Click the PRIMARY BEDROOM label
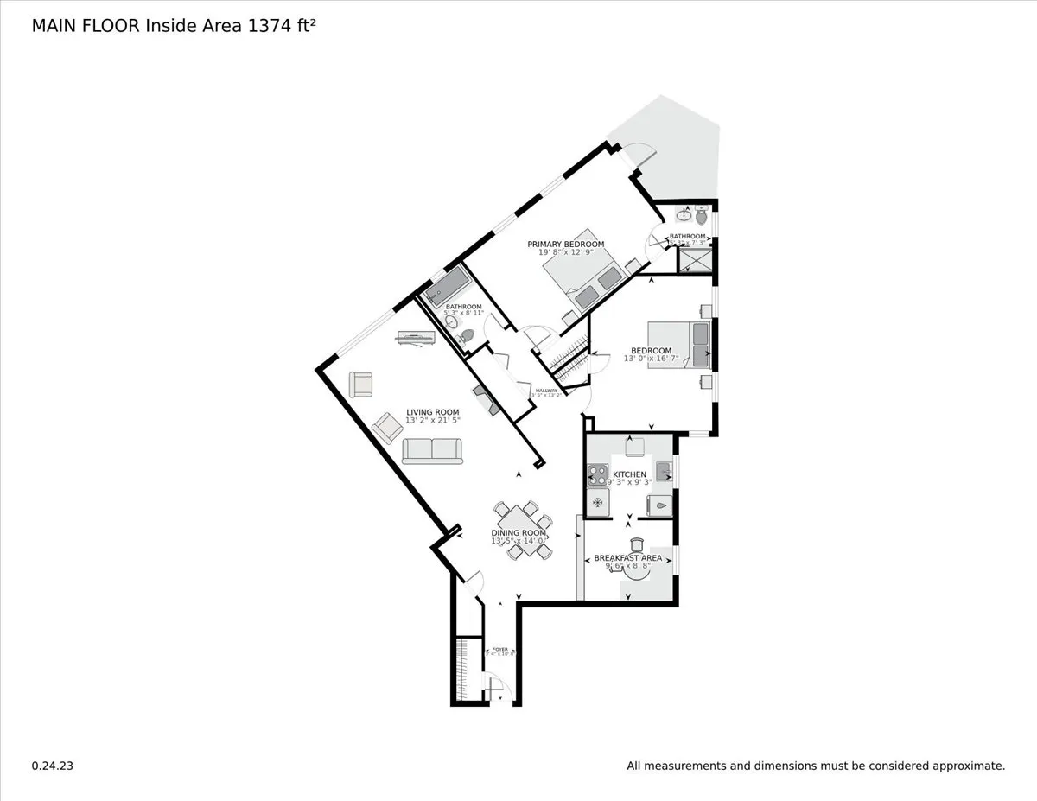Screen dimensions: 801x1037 (x=565, y=244)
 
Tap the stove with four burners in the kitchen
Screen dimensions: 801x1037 (x=597, y=473)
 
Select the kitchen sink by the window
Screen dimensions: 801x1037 (x=664, y=471)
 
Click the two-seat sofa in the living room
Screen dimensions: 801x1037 (x=432, y=449)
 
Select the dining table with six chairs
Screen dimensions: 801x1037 (x=522, y=529)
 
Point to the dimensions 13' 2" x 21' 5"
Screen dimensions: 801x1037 (x=433, y=420)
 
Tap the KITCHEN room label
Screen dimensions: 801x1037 (x=629, y=475)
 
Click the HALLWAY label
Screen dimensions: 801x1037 (x=546, y=391)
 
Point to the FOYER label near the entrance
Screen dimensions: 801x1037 (x=499, y=650)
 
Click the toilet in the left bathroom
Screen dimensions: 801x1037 (x=467, y=334)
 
